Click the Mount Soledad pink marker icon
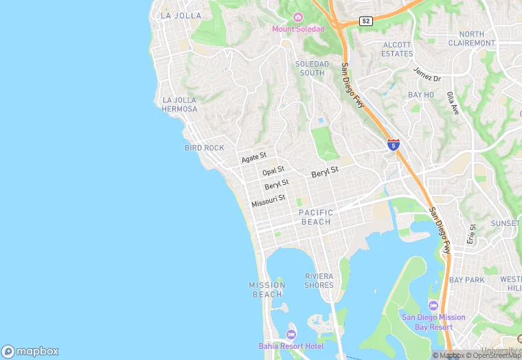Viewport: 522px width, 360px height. [x=297, y=17]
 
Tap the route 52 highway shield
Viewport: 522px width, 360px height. [x=366, y=21]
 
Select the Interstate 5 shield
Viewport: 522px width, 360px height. [x=393, y=145]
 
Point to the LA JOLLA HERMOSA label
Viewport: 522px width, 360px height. [x=180, y=104]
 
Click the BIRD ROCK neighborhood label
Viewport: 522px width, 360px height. [x=204, y=148]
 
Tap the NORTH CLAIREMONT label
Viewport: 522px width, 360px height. [x=471, y=38]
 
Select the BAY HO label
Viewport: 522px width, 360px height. [x=421, y=95]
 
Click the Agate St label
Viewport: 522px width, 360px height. [x=253, y=159]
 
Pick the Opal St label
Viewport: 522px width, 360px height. [x=273, y=170]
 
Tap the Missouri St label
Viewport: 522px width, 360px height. [x=268, y=201]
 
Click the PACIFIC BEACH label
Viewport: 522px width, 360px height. [x=316, y=217]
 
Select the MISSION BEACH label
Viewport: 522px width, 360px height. [x=266, y=290]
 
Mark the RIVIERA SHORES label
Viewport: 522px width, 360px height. [x=319, y=280]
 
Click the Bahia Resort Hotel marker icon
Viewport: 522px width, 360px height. [x=291, y=335]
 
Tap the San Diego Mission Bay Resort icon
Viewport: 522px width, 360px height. [x=433, y=306]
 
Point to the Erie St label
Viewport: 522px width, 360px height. [x=471, y=234]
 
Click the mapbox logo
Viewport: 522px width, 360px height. [x=30, y=351]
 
